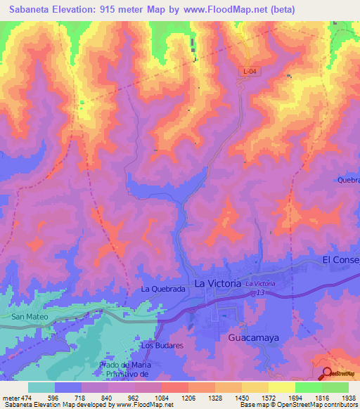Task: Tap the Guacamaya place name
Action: pos(253,338)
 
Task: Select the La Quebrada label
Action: pos(162,289)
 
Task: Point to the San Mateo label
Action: pos(29,318)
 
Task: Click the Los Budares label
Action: pos(162,346)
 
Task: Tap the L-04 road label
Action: pos(250,71)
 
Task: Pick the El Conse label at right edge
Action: pos(340,260)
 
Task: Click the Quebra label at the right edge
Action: pos(348,180)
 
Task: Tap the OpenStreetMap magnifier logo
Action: pos(328,373)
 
